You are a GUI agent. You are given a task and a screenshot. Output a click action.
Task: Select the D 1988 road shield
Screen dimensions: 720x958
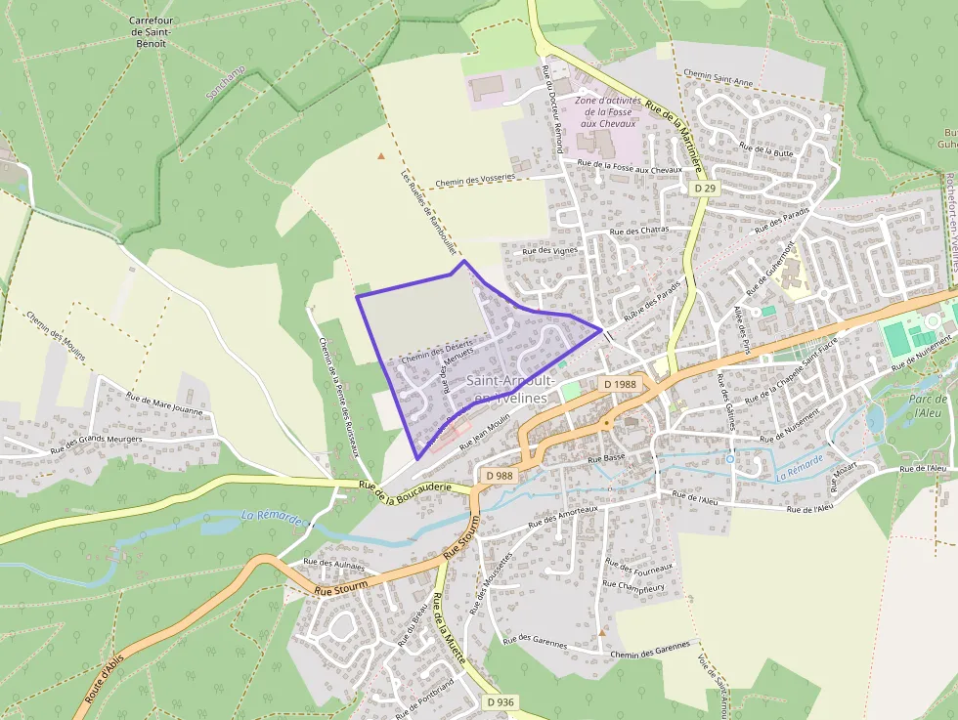click(619, 384)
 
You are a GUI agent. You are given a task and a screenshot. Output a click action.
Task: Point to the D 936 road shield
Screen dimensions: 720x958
click(499, 702)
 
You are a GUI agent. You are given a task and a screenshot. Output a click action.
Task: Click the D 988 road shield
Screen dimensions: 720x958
click(499, 475)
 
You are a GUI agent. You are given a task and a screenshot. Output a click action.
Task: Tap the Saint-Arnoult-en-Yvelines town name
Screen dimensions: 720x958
click(513, 389)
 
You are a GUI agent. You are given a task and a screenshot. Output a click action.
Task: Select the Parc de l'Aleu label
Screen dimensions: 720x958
click(927, 405)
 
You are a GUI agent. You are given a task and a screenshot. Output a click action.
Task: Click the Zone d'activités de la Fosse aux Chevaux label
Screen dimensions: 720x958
click(608, 111)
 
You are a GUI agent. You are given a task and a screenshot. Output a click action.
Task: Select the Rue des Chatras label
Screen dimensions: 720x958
click(638, 231)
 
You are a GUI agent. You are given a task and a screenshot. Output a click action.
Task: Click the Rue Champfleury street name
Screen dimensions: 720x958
click(633, 585)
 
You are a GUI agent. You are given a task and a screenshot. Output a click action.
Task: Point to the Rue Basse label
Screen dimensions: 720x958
click(606, 457)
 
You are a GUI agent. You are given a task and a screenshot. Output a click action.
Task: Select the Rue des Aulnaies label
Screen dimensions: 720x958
click(333, 564)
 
